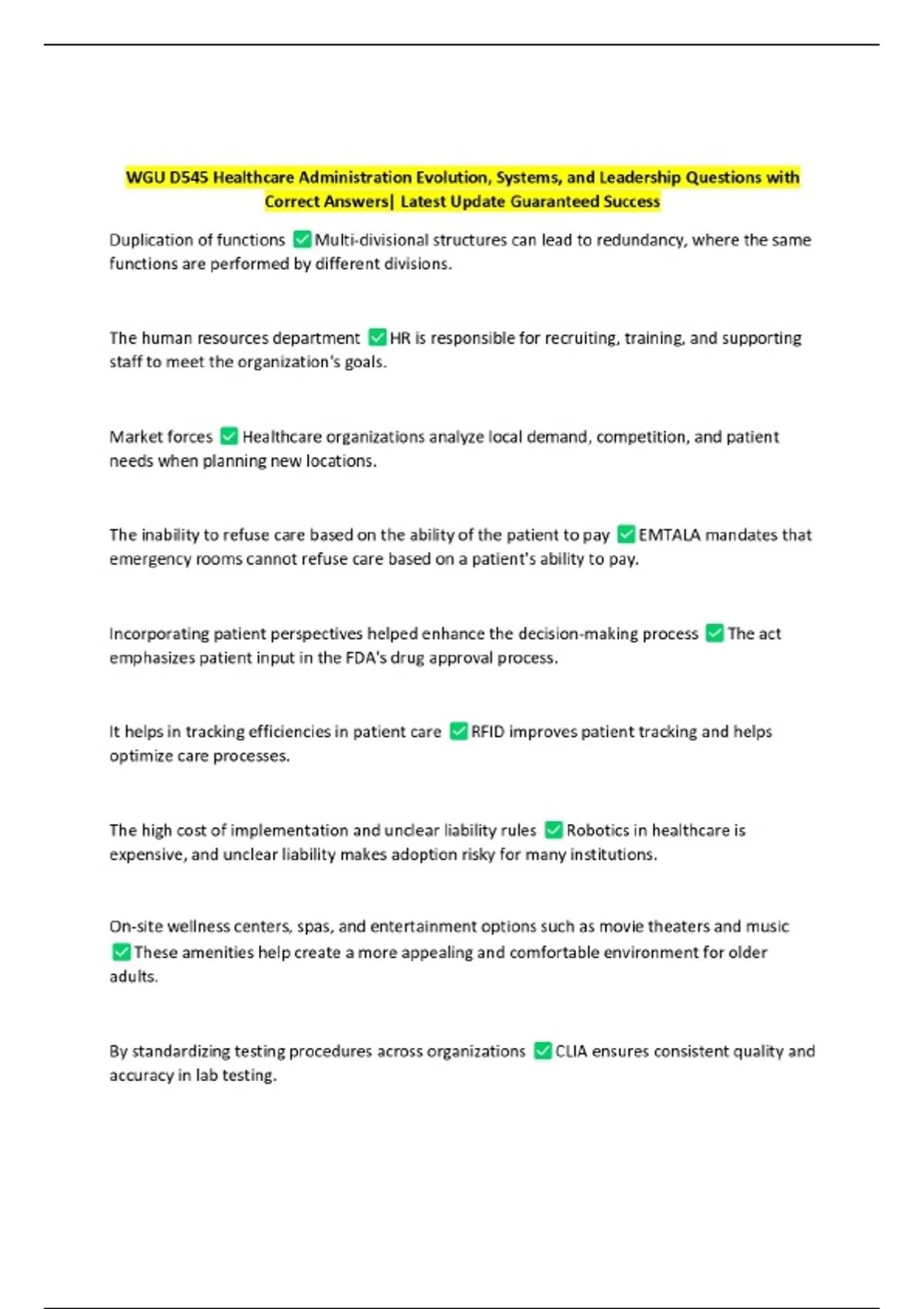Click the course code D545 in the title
[189, 178]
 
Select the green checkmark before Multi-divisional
[303, 239]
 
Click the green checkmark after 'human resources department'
[377, 337]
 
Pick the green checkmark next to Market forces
[229, 437]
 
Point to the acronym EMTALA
[669, 535]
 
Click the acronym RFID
[487, 731]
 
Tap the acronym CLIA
[571, 1051]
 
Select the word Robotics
[598, 830]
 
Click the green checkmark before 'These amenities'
[122, 952]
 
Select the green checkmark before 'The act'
[715, 633]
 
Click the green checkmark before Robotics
[554, 830]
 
